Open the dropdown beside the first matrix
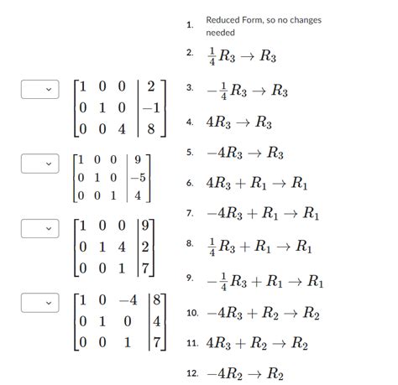[39, 88]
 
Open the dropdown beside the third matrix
[39, 228]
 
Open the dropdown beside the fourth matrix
[39, 300]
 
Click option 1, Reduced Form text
[263, 26]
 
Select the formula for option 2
[242, 56]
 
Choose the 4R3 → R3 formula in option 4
[239, 122]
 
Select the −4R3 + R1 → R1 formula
[264, 215]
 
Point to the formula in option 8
[259, 247]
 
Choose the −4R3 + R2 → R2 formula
[265, 313]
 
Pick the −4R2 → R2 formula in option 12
[244, 374]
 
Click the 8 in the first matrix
[150, 130]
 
